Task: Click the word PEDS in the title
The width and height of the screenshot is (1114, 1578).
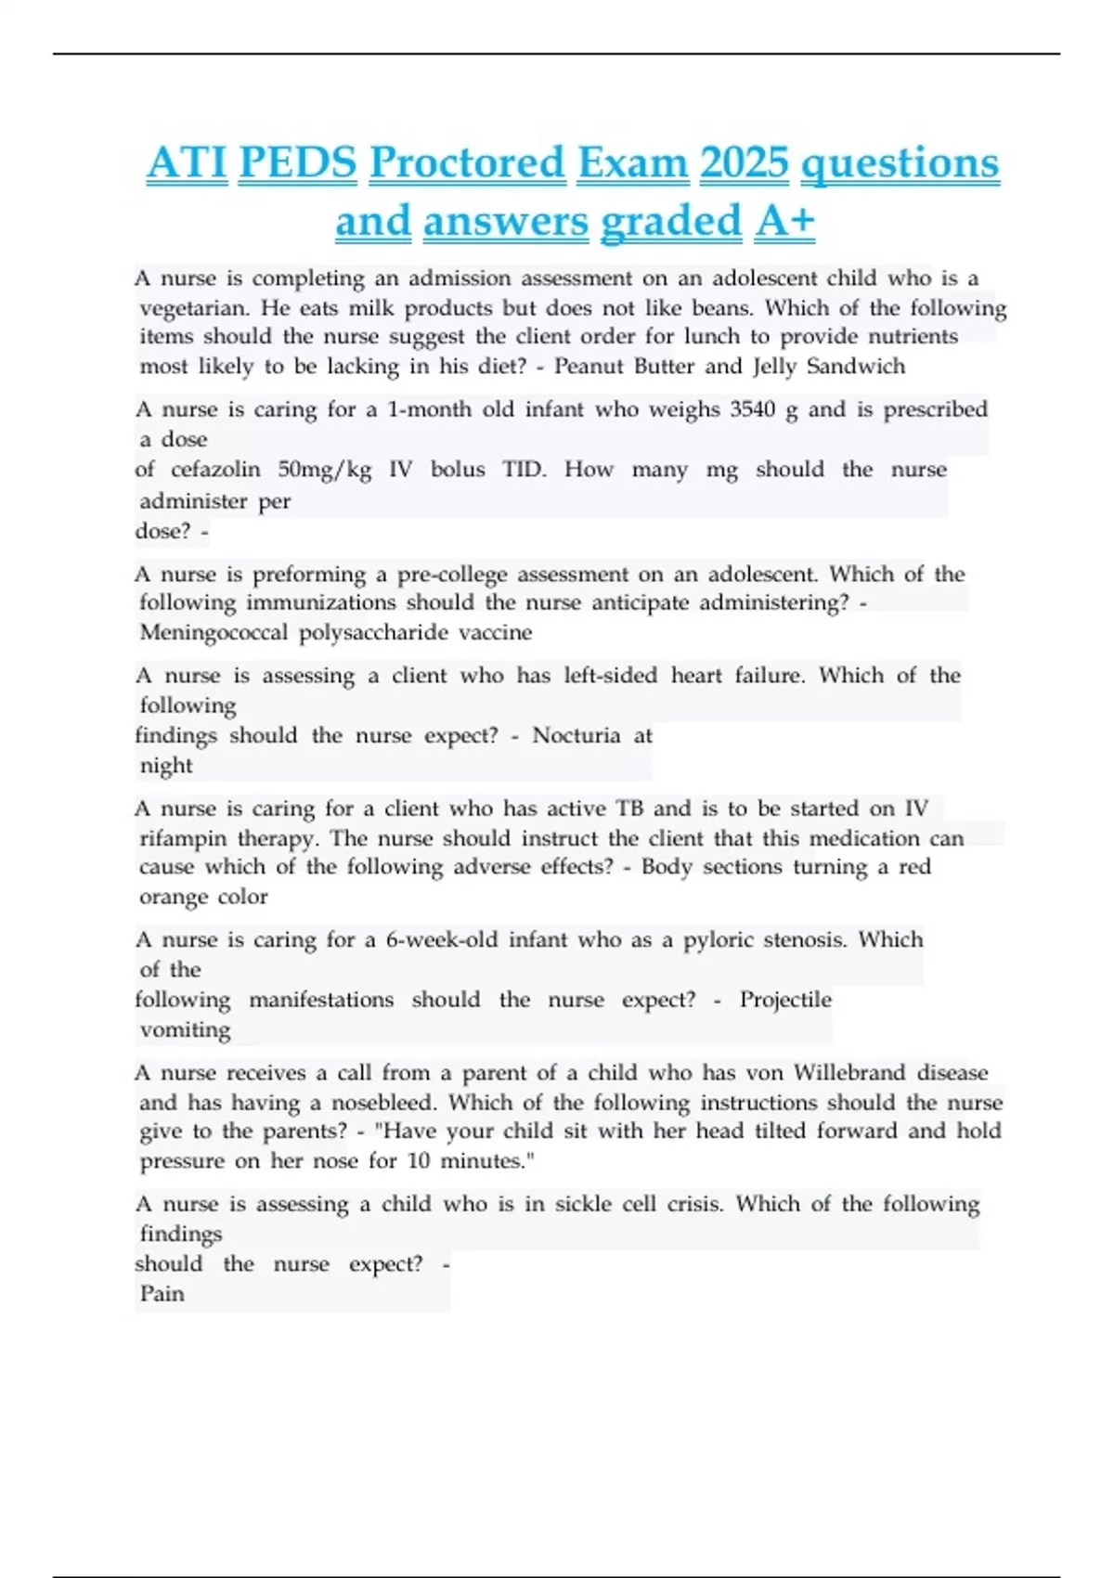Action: (297, 163)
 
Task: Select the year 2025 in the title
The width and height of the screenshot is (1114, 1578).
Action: (745, 163)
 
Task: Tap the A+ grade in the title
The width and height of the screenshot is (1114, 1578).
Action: (784, 222)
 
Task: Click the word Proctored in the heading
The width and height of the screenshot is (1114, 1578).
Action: (467, 163)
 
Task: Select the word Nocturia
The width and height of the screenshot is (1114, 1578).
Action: (576, 736)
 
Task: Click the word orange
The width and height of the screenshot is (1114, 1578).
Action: (172, 898)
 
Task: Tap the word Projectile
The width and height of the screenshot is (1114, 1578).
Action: (785, 1001)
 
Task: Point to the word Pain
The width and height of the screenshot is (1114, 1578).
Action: (162, 1294)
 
